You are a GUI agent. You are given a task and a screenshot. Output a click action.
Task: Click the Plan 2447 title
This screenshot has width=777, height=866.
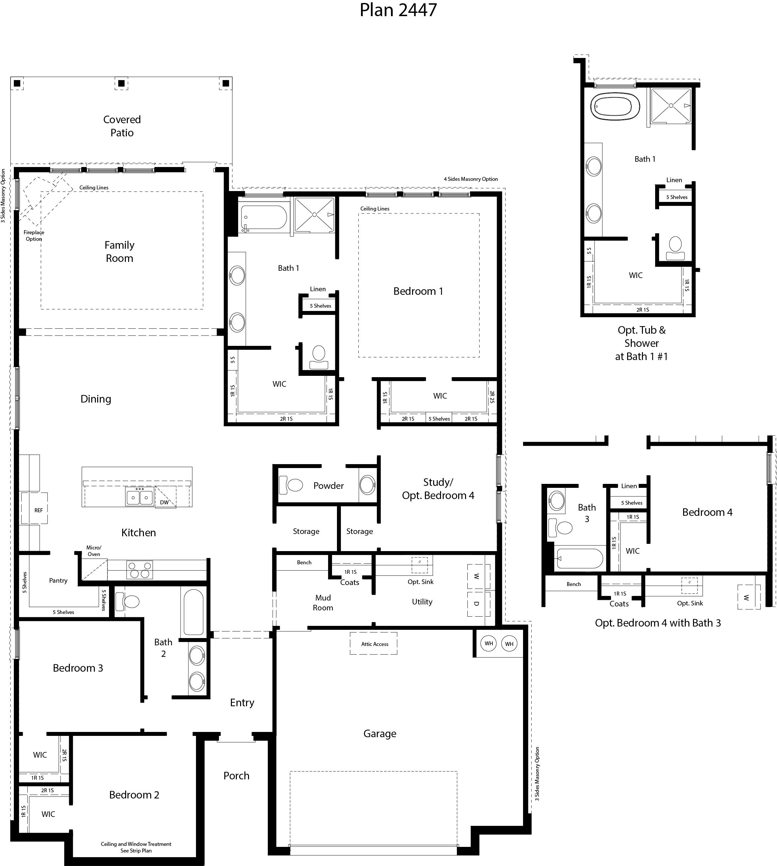pos(398,10)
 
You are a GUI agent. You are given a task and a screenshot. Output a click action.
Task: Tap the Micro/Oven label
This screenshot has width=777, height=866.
pos(94,551)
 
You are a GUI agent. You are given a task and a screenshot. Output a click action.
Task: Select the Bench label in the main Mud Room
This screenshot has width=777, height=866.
pos(304,562)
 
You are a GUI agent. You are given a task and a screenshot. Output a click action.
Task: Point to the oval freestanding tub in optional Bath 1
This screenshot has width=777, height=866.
pos(615,106)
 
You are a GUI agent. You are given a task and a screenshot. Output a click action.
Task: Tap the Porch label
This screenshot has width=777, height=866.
pos(236,775)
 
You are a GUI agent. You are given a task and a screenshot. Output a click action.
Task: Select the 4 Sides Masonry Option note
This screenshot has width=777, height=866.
pos(470,179)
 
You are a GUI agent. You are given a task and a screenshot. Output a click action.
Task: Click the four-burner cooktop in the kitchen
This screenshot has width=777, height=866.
pos(140,570)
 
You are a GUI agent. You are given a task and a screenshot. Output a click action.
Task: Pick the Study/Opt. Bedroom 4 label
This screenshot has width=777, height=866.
pos(438,489)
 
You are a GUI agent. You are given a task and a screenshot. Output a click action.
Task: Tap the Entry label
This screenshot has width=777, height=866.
pos(242,702)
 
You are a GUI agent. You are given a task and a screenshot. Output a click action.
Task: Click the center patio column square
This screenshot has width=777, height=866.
pos(121,83)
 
